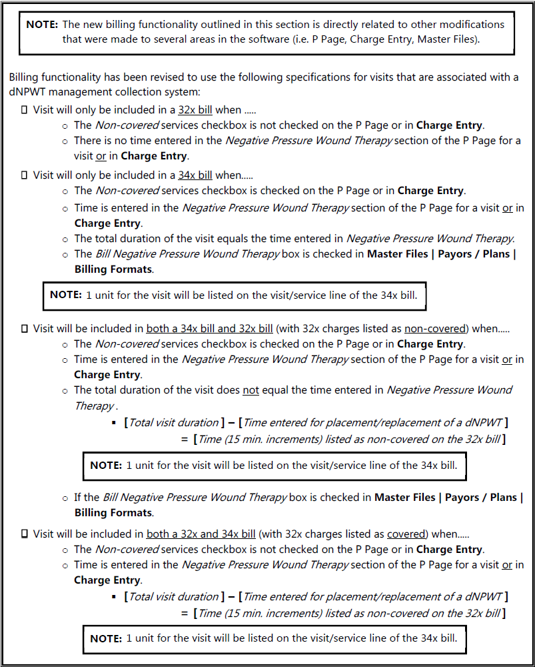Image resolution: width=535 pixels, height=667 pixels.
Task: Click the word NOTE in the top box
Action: (41, 25)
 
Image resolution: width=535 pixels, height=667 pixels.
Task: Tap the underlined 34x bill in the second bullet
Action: (195, 175)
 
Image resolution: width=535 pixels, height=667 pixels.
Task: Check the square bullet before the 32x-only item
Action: (25, 109)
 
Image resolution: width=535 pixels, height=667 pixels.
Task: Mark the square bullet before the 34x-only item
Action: (25, 175)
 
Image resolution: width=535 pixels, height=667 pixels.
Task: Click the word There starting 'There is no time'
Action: (87, 141)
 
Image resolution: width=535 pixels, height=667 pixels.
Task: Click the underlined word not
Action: (251, 390)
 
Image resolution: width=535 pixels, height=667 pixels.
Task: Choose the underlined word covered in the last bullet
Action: (406, 534)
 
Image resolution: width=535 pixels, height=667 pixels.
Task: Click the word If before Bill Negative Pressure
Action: (78, 498)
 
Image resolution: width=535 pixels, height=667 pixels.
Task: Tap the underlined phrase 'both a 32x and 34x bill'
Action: (201, 534)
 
